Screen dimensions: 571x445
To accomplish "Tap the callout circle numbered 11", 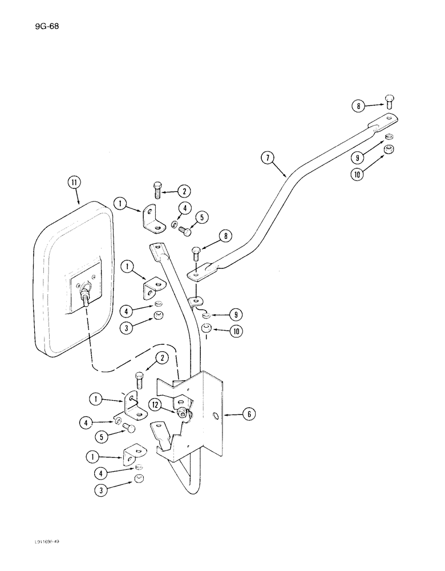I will pos(74,183).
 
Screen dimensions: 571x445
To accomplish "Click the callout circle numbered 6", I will pos(249,415).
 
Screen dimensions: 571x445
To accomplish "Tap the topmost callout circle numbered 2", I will pos(184,191).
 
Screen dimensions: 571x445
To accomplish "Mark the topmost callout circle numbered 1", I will pos(120,203).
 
